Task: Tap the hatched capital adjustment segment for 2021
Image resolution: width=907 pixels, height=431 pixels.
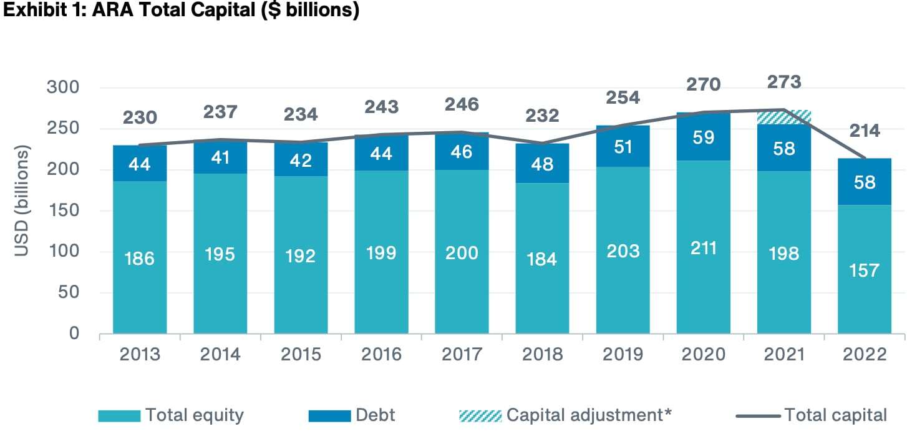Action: (783, 117)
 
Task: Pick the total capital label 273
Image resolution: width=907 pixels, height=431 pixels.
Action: (783, 82)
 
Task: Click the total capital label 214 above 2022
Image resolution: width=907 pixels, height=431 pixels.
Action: (864, 131)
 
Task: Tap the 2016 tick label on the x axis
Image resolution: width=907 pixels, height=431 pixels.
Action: (381, 354)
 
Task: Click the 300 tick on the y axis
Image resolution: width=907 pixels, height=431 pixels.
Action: (64, 87)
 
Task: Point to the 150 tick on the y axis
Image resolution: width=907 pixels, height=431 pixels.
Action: (64, 211)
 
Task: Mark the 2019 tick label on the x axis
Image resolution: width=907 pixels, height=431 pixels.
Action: (623, 354)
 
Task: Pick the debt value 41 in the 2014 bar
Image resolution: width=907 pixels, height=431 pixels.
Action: (220, 158)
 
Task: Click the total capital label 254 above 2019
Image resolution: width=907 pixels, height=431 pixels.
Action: (623, 98)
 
